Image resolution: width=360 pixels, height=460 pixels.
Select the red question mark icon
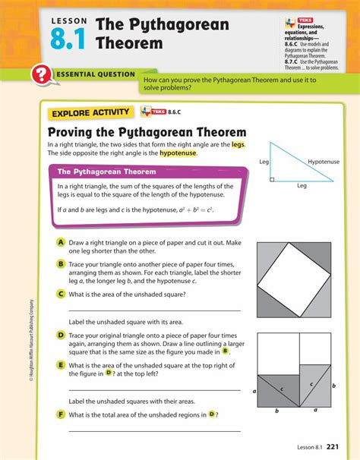pos(40,76)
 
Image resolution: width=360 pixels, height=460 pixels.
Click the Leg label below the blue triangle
pos(302,185)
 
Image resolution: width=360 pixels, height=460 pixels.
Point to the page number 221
pos(338,447)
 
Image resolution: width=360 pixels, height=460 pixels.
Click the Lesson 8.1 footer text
pos(310,447)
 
